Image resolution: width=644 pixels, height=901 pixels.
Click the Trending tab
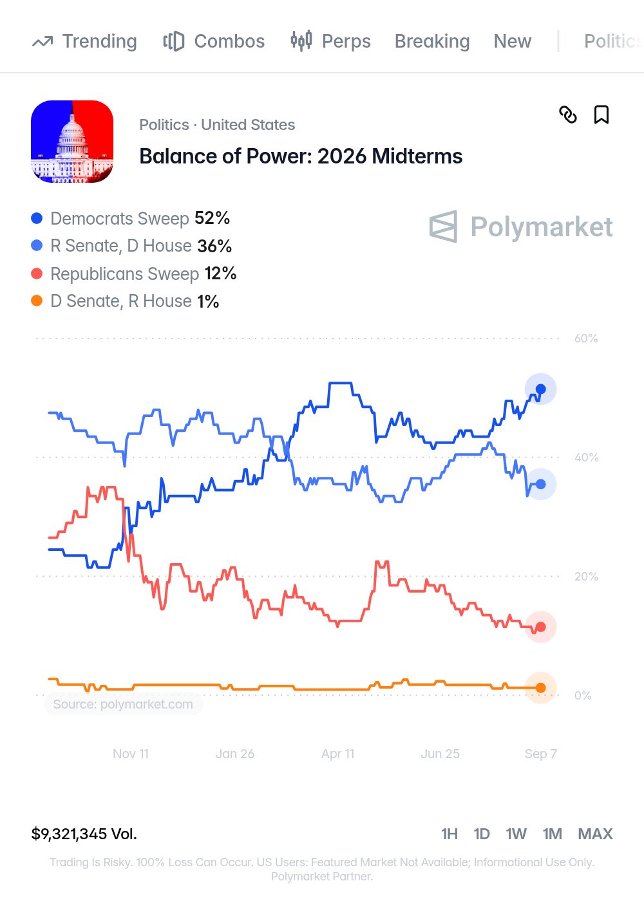(84, 41)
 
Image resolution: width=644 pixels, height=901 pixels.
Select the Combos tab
(214, 41)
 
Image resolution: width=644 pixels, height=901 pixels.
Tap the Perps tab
(330, 41)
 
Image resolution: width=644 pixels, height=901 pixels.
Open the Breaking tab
(432, 41)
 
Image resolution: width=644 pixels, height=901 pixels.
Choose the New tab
(513, 41)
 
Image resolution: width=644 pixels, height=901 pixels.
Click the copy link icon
(568, 115)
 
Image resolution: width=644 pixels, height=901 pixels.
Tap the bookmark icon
(601, 115)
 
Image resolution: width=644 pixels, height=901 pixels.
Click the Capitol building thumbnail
(72, 142)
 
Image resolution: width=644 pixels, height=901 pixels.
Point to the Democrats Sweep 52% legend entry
(130, 218)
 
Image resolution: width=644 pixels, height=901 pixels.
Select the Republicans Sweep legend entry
(134, 274)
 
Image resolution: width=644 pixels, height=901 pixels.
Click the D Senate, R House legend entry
(125, 301)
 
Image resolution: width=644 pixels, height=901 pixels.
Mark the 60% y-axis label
(586, 339)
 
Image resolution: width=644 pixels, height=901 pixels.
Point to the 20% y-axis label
(586, 577)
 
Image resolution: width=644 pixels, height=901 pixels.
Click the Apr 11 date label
(337, 754)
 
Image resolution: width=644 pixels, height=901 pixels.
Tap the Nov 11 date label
(131, 754)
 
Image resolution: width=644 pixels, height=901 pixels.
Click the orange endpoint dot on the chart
(540, 688)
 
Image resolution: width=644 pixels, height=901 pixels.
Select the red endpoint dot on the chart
(540, 627)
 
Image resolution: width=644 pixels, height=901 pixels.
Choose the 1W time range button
(516, 834)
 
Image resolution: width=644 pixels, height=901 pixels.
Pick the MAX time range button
(595, 834)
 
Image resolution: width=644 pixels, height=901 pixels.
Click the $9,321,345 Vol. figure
(84, 834)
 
